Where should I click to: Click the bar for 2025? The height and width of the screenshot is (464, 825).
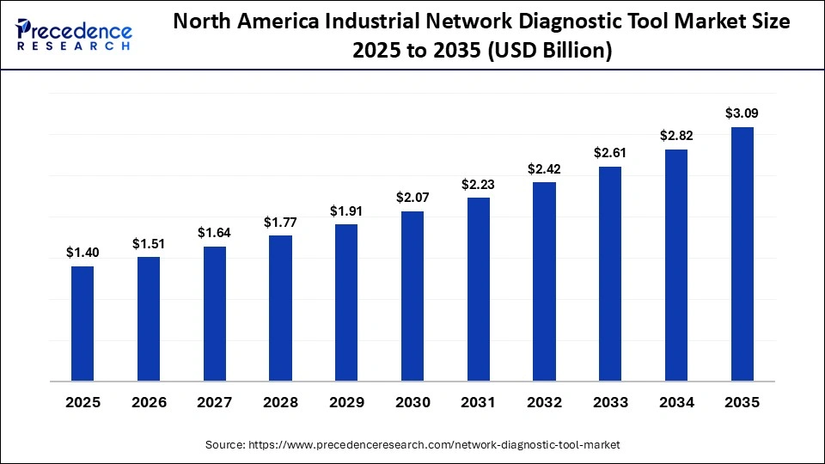pyautogui.click(x=82, y=323)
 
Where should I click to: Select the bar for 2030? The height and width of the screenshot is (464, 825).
pyautogui.click(x=412, y=296)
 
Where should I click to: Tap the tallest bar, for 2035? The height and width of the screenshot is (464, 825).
pyautogui.click(x=742, y=253)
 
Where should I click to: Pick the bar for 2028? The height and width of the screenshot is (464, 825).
pyautogui.click(x=280, y=308)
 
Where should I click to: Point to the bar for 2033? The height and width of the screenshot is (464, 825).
pyautogui.click(x=610, y=273)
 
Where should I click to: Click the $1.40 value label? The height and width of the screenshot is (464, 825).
pyautogui.click(x=82, y=253)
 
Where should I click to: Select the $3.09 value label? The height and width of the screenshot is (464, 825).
pyautogui.click(x=742, y=113)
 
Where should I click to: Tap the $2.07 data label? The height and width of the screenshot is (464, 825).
pyautogui.click(x=412, y=198)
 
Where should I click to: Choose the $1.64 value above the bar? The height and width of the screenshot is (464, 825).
pyautogui.click(x=215, y=233)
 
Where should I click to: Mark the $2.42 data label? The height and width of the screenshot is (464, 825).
pyautogui.click(x=544, y=168)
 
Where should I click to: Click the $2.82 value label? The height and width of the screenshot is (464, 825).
pyautogui.click(x=676, y=136)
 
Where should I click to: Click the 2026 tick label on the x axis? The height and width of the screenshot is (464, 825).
pyautogui.click(x=149, y=403)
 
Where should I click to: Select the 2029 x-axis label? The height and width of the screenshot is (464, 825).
pyautogui.click(x=346, y=403)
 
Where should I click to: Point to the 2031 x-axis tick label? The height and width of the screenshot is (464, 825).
pyautogui.click(x=479, y=403)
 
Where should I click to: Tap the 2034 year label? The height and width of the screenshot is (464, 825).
pyautogui.click(x=676, y=403)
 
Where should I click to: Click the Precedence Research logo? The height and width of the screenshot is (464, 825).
pyautogui.click(x=74, y=35)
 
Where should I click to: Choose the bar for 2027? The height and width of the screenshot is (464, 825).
pyautogui.click(x=215, y=314)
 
